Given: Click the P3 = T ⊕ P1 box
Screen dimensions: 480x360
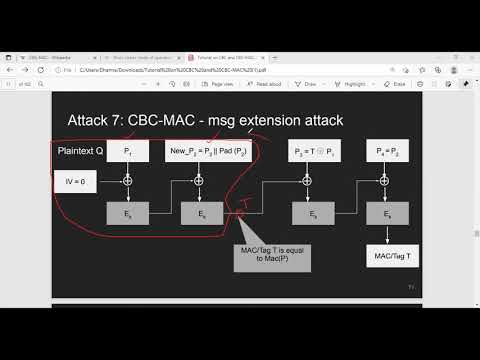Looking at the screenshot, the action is tap(311, 150).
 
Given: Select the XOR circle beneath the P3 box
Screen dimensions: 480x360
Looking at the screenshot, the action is tap(311, 181).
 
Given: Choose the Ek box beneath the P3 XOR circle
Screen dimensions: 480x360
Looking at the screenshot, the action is tap(311, 213).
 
